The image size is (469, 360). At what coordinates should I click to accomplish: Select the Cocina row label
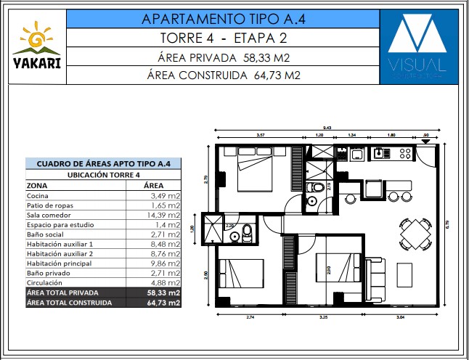point(38,196)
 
